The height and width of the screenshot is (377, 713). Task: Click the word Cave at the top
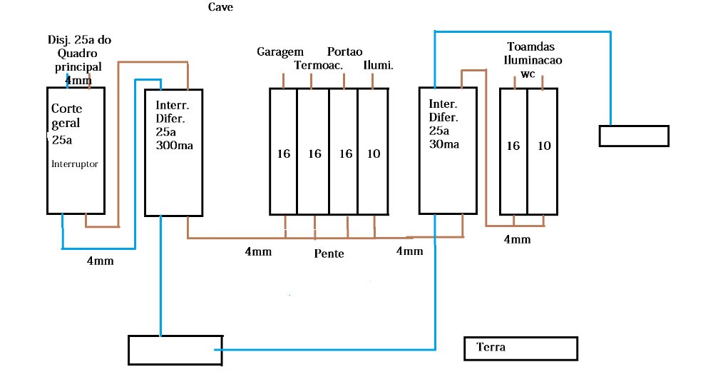tap(220, 7)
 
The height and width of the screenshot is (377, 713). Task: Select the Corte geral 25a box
tap(76, 150)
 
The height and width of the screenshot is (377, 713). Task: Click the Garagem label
tap(280, 51)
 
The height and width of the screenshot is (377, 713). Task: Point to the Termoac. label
tap(319, 66)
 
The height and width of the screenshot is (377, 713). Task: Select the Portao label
tap(345, 51)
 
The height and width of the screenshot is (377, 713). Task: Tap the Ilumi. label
tap(379, 66)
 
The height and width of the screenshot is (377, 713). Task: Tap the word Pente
tap(329, 253)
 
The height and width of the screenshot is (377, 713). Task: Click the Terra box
tap(520, 348)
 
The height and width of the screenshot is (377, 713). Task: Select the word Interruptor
tap(74, 164)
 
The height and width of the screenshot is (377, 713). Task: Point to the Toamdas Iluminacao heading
tap(533, 54)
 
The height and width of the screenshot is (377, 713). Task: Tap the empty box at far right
tap(634, 136)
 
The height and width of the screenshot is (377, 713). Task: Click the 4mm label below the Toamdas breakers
tap(517, 239)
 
